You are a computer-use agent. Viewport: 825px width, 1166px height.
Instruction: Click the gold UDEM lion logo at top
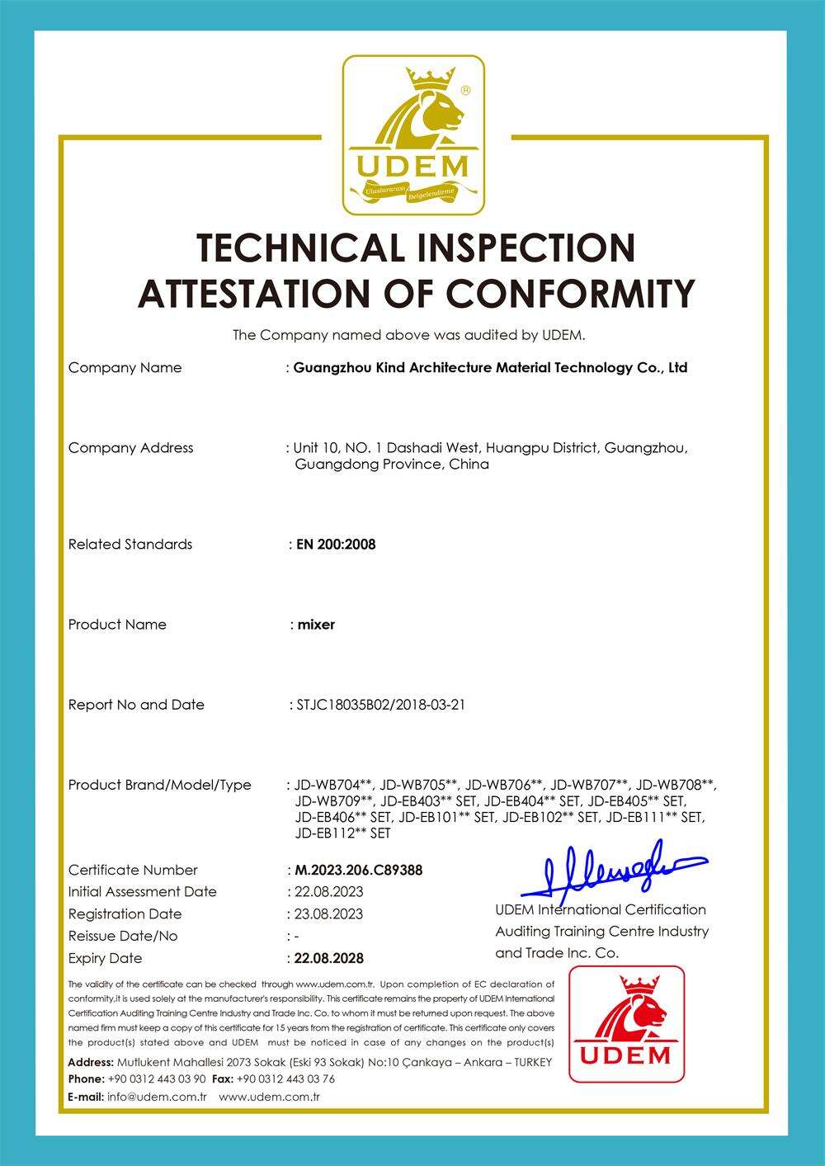pyautogui.click(x=413, y=135)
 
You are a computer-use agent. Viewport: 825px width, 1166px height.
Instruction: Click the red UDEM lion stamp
pyautogui.click(x=626, y=1023)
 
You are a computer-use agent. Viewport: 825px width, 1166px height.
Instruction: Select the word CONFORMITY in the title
pyautogui.click(x=570, y=293)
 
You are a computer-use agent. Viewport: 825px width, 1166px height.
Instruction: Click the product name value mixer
pyautogui.click(x=316, y=625)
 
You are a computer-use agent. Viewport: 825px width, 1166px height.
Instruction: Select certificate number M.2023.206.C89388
pyautogui.click(x=358, y=870)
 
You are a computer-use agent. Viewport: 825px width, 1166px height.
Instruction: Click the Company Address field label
pyautogui.click(x=130, y=448)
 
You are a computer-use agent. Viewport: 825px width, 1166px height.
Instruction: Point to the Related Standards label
pyautogui.click(x=130, y=544)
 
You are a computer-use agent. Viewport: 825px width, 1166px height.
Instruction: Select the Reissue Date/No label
pyautogui.click(x=122, y=936)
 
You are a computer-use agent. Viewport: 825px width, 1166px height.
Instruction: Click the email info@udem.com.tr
pyautogui.click(x=157, y=1097)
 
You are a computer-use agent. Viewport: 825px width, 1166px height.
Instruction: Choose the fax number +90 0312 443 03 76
pyautogui.click(x=285, y=1079)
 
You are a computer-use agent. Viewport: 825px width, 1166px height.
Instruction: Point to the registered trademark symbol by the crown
pyautogui.click(x=465, y=90)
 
